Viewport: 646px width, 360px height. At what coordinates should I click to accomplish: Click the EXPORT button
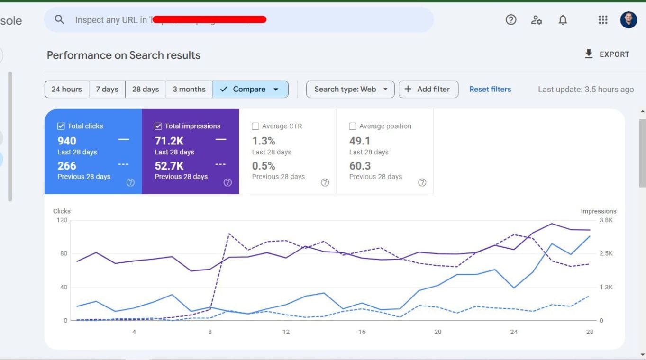(607, 54)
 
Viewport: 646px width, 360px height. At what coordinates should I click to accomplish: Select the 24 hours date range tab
(66, 89)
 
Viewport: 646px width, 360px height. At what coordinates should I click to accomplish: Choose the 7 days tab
(107, 89)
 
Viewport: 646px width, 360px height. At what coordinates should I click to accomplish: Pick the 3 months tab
(189, 89)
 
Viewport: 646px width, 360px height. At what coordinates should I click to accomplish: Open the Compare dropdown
(250, 89)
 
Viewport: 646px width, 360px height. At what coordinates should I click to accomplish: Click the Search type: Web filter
(350, 89)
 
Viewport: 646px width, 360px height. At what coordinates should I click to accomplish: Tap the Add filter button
(428, 89)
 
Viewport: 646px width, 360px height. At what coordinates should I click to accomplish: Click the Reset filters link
(490, 89)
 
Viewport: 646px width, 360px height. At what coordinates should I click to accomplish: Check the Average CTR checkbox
(255, 126)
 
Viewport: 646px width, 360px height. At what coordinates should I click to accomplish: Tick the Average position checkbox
(353, 126)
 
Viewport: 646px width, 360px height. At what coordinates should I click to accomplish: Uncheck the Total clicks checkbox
(61, 126)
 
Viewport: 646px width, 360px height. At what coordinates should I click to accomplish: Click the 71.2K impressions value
(169, 141)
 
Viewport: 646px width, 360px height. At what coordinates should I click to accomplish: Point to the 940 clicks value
(67, 141)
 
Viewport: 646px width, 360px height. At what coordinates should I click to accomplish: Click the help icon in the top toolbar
(511, 20)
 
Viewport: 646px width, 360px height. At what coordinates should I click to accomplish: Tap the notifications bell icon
(563, 20)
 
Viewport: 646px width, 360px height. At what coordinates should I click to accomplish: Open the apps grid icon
(603, 20)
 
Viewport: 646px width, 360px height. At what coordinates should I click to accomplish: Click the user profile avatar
(628, 20)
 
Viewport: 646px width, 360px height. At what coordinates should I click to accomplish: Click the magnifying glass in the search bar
(59, 19)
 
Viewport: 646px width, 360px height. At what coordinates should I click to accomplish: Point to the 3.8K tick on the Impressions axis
(606, 220)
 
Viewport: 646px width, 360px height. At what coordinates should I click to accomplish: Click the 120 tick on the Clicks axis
(62, 220)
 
